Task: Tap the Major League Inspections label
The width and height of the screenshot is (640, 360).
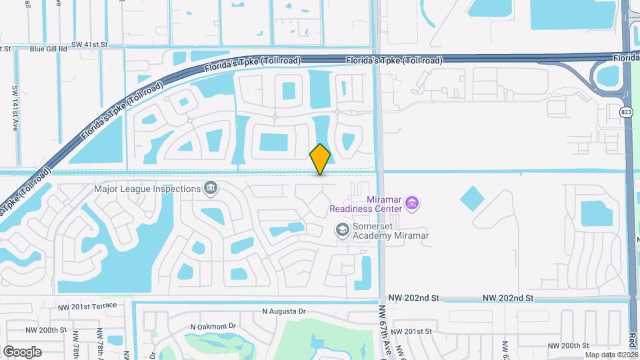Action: point(147,189)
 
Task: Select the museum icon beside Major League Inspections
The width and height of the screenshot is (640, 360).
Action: point(211,188)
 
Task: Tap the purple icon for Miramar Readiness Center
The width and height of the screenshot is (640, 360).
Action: point(412,201)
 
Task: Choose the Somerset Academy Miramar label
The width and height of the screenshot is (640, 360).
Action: point(391,230)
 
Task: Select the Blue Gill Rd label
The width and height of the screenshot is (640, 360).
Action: point(48,48)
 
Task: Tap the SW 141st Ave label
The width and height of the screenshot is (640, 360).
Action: point(15,107)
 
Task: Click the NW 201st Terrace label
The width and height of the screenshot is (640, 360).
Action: point(87,306)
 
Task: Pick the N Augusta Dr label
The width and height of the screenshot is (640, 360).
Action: point(283,311)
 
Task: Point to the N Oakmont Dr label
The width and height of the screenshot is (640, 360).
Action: point(213,327)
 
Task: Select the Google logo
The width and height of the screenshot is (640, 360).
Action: point(22,351)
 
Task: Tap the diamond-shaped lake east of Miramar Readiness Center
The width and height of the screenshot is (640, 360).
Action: point(473,199)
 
